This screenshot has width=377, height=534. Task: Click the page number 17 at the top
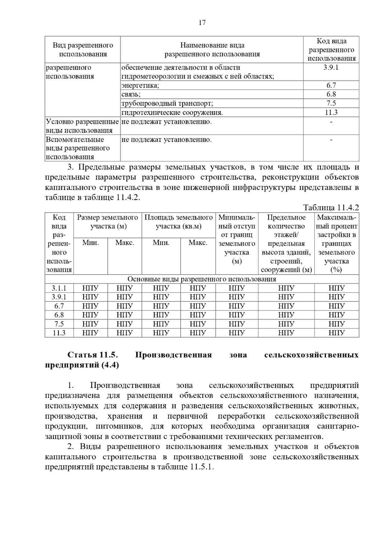click(x=202, y=23)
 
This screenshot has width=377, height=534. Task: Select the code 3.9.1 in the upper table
click(x=331, y=67)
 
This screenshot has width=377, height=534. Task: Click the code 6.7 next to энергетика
click(x=331, y=85)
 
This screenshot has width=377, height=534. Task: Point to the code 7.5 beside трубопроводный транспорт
click(x=331, y=103)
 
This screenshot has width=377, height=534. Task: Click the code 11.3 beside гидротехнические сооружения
click(x=331, y=112)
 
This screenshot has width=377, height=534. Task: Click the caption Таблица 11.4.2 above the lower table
click(x=331, y=208)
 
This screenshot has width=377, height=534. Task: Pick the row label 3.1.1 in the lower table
click(x=59, y=288)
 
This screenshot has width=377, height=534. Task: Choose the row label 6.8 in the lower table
click(x=59, y=315)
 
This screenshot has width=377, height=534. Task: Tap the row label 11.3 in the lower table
click(x=59, y=333)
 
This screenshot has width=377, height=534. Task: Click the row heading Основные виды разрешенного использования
click(x=202, y=279)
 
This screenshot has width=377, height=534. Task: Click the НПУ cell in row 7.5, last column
click(x=336, y=324)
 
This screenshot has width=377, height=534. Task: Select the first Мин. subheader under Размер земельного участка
click(x=90, y=243)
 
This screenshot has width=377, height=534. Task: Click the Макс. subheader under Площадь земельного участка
click(x=198, y=243)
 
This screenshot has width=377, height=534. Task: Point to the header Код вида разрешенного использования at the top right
click(x=331, y=50)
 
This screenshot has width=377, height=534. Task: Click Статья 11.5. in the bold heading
click(x=93, y=355)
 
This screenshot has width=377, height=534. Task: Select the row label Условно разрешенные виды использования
click(x=82, y=126)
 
